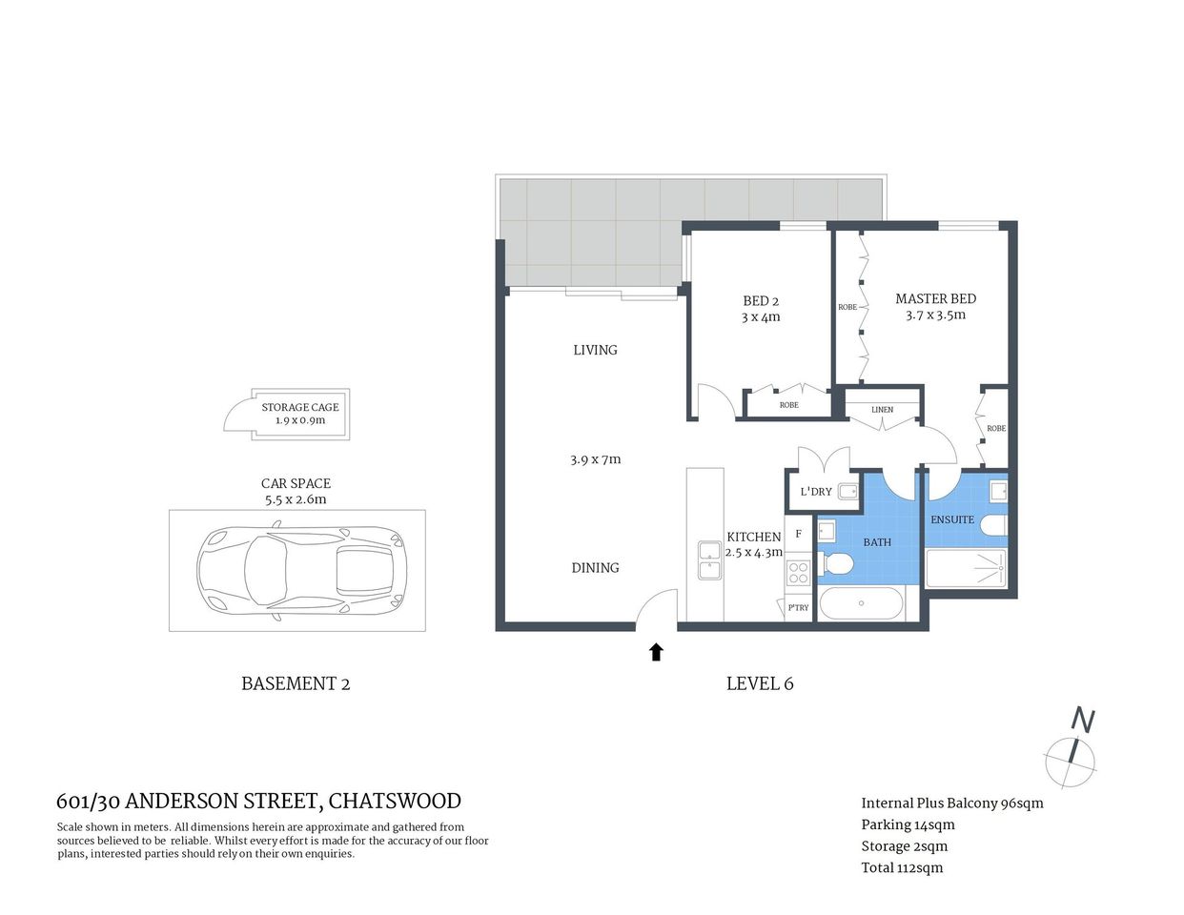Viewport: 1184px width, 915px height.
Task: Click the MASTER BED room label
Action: [935, 298]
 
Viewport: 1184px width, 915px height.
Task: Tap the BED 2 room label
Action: [761, 301]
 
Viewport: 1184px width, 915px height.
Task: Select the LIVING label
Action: [595, 350]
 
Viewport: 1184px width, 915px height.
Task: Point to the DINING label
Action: [595, 567]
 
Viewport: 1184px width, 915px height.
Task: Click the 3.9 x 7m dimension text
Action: [595, 459]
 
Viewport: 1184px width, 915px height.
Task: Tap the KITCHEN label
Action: [753, 537]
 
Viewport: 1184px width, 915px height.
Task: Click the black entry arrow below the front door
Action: [656, 652]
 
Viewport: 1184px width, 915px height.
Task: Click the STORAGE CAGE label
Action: [300, 407]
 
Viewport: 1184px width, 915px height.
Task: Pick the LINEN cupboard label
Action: [882, 410]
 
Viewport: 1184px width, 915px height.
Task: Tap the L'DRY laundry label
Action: [816, 492]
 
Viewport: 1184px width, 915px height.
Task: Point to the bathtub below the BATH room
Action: [862, 603]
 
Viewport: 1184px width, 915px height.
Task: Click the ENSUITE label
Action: [952, 519]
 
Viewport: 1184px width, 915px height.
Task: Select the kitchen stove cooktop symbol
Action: [798, 572]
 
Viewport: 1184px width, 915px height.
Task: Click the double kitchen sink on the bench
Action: [708, 560]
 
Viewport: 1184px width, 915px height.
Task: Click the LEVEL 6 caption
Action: [760, 683]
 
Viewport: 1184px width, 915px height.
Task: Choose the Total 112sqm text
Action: [902, 867]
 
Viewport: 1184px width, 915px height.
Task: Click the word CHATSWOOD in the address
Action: [395, 801]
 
